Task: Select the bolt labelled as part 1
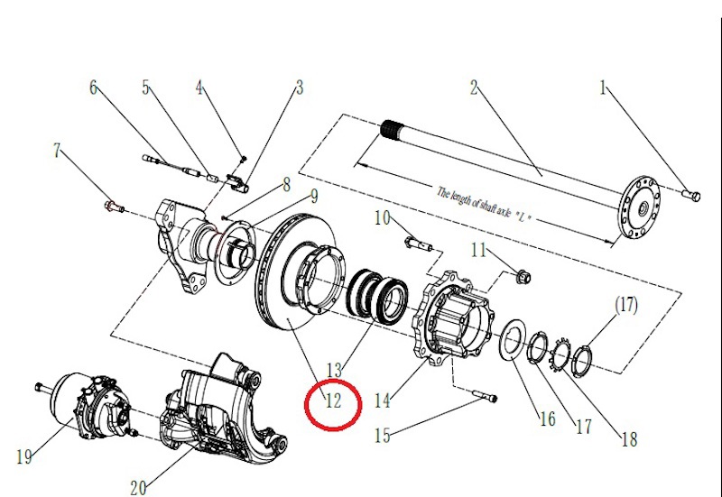pyautogui.click(x=690, y=194)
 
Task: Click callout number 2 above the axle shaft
pyautogui.click(x=472, y=88)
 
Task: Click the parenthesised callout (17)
pyautogui.click(x=625, y=306)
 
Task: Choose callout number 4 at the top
pyautogui.click(x=200, y=88)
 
